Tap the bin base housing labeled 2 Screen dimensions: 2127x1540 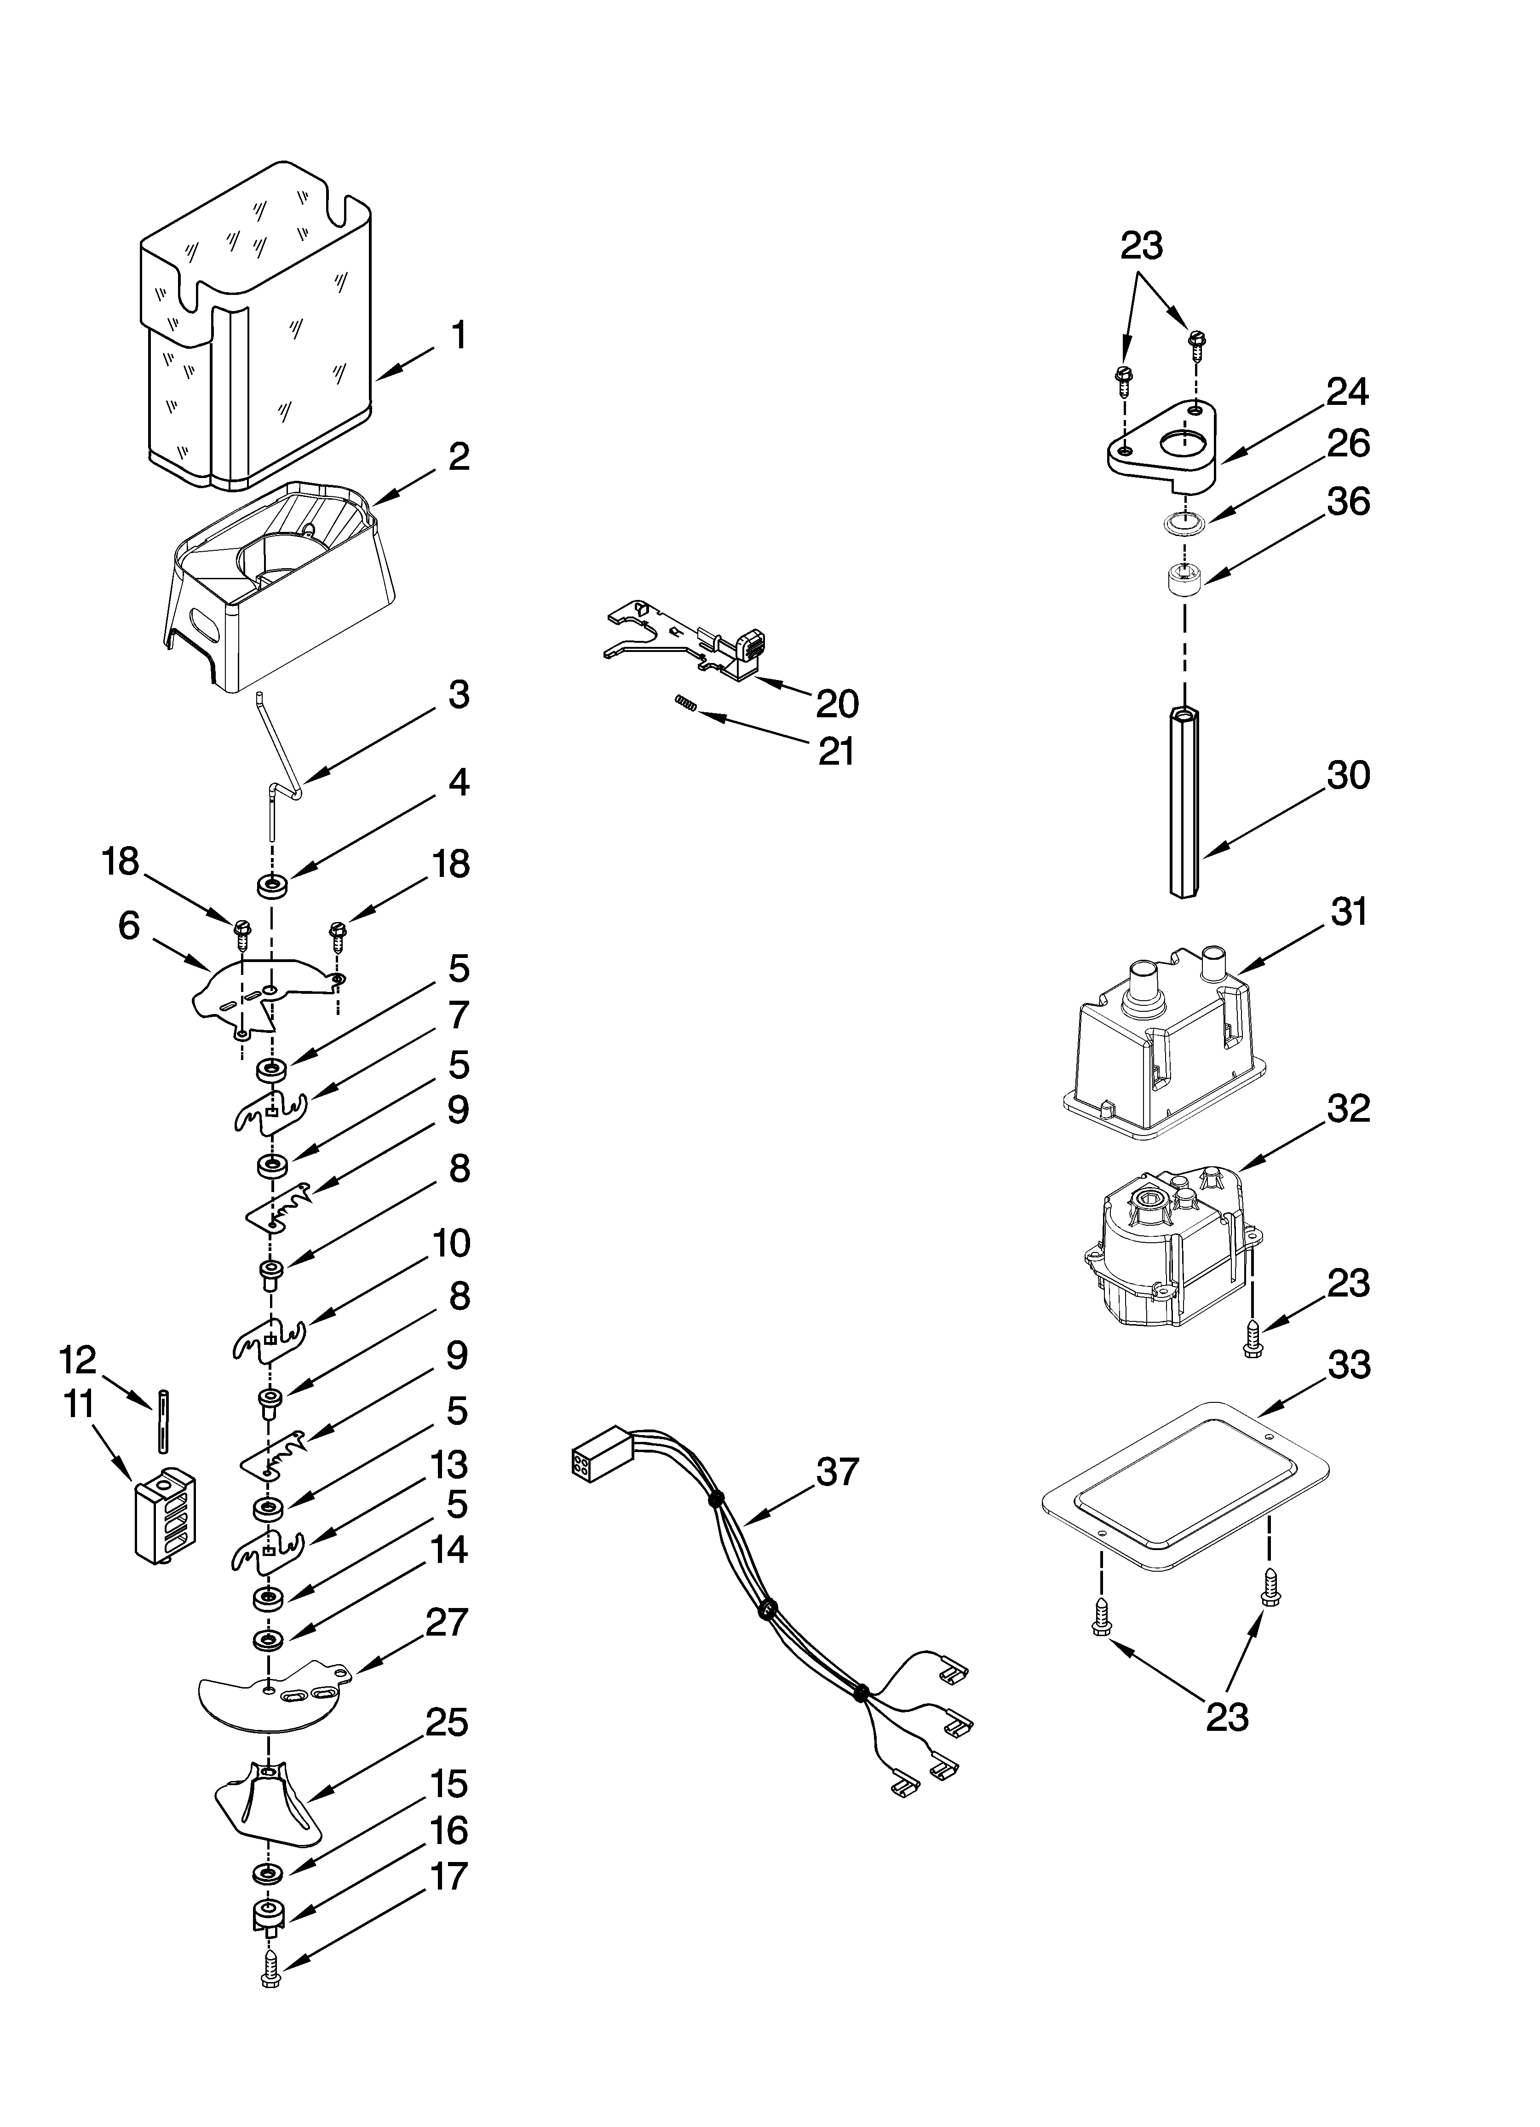click(282, 591)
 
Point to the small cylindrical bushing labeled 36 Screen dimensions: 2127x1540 click(1184, 578)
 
